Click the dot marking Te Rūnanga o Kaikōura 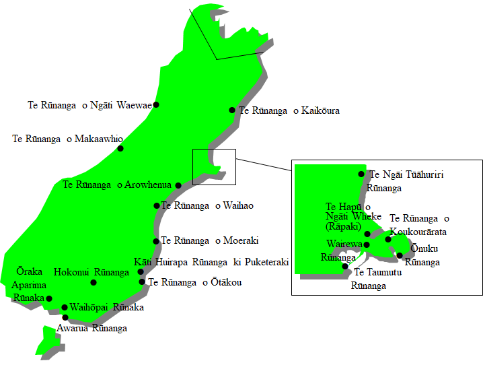click(232, 110)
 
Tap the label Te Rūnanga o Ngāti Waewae click(89, 105)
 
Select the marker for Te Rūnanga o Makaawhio click(120, 148)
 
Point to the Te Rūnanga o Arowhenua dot click(178, 185)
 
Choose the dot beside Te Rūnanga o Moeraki click(156, 240)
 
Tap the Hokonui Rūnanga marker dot click(94, 282)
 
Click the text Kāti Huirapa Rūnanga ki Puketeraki click(211, 262)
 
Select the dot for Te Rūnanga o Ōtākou click(142, 281)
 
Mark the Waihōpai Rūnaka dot click(65, 307)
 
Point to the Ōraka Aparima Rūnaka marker click(49, 298)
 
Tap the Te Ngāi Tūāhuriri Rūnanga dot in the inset click(361, 174)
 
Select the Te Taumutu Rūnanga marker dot click(345, 266)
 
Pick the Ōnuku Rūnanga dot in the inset click(400, 255)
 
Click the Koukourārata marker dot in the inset click(388, 239)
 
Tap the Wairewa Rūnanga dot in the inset click(367, 244)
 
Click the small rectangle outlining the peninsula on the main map click(214, 166)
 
